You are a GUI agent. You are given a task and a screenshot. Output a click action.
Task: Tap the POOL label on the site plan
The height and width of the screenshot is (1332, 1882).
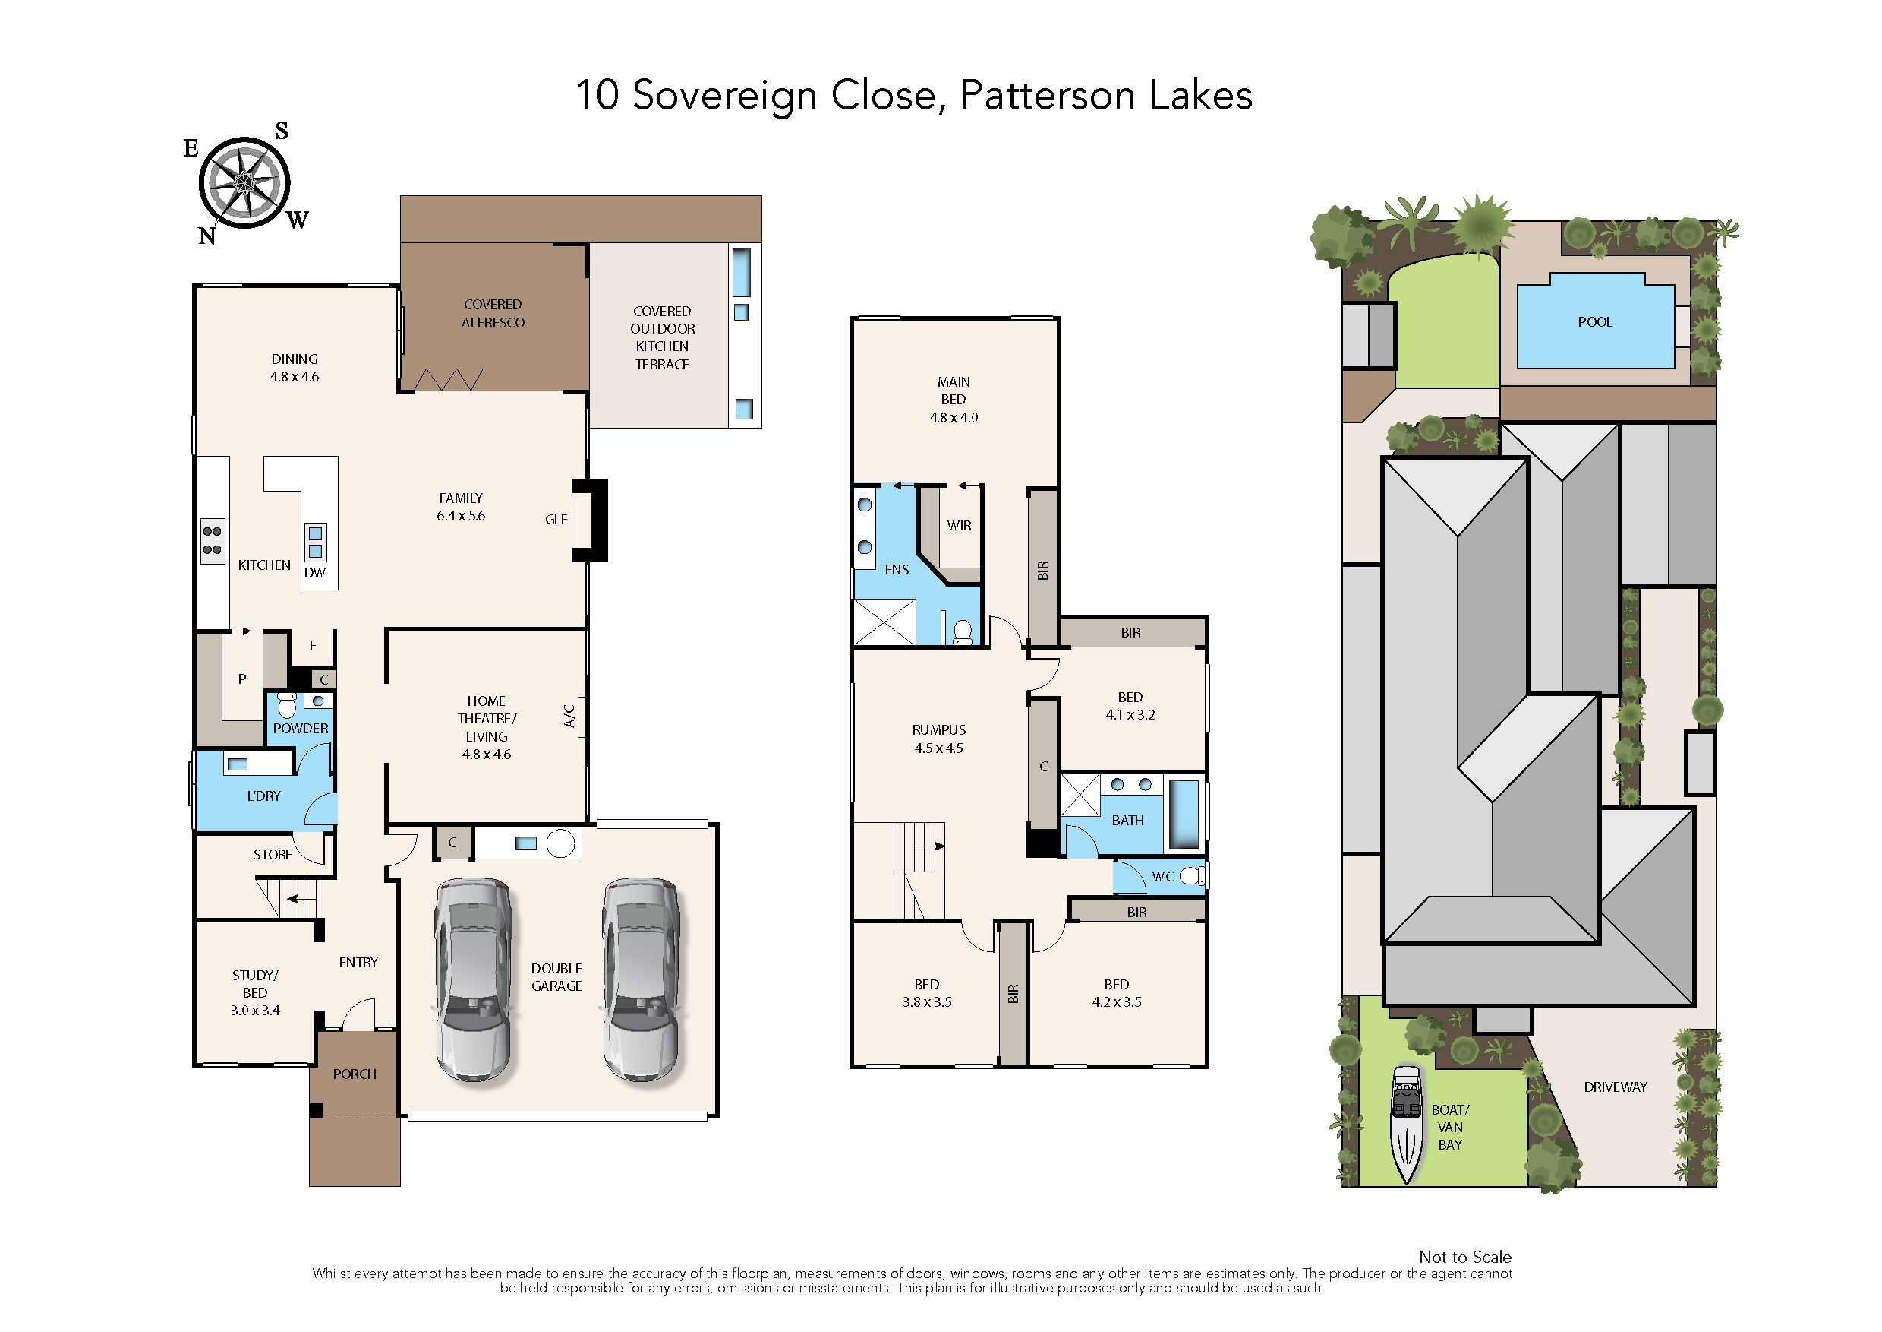pyautogui.click(x=1594, y=322)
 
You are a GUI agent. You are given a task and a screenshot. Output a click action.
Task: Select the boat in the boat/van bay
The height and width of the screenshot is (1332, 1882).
pyautogui.click(x=1407, y=1125)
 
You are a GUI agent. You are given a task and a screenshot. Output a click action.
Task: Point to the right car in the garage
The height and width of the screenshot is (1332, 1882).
pyautogui.click(x=640, y=979)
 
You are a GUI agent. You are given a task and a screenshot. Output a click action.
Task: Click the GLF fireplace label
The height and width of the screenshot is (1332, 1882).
pyautogui.click(x=556, y=519)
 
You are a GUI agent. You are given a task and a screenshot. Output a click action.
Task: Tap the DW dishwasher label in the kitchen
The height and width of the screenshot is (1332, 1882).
pyautogui.click(x=315, y=572)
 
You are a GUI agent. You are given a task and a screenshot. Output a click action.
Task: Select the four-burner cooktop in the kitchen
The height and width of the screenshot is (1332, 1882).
pyautogui.click(x=213, y=540)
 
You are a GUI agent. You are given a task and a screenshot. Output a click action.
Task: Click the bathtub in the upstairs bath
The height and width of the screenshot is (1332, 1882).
pyautogui.click(x=1183, y=815)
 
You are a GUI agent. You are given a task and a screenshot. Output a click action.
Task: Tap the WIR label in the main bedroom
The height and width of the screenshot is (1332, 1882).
pyautogui.click(x=959, y=526)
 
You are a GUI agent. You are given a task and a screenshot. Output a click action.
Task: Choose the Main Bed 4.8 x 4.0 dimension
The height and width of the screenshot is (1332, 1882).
pyautogui.click(x=954, y=417)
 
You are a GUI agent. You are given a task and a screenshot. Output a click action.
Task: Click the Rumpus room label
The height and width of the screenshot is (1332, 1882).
pyautogui.click(x=938, y=730)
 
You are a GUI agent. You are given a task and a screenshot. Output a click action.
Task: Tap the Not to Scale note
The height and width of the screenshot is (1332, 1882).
pyautogui.click(x=1466, y=1257)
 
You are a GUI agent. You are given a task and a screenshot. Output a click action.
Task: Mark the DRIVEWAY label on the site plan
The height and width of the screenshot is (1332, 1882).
pyautogui.click(x=1615, y=1087)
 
